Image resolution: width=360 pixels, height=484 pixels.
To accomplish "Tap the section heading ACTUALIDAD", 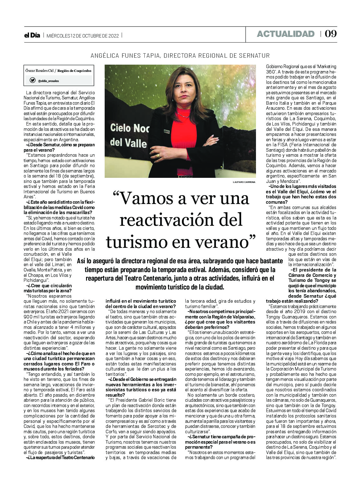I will pos(286,34).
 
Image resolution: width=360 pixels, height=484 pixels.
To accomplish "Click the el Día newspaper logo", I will pos(32,35).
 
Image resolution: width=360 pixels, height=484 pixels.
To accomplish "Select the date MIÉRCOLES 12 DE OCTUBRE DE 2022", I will pos(83,36).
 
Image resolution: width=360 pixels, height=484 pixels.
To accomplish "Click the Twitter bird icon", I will pos(32,80).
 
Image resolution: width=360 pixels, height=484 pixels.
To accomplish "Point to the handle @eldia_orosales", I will pos(48,81).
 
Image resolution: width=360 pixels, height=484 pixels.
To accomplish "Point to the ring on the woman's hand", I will pos(158,155).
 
